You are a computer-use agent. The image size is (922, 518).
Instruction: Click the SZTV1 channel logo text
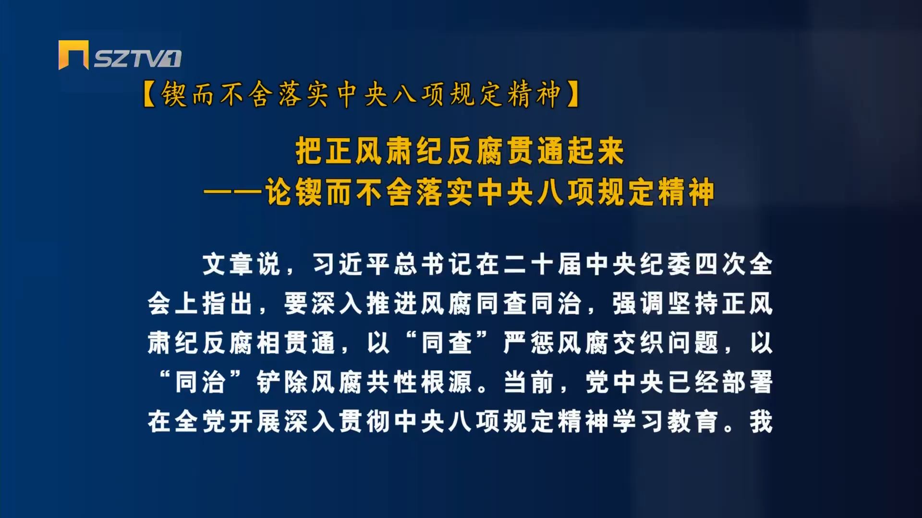pos(137,59)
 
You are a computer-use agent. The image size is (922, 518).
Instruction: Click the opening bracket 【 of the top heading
pos(150,94)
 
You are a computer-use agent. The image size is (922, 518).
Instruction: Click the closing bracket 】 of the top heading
pos(572,94)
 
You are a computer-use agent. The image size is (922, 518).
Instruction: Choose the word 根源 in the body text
pos(447,382)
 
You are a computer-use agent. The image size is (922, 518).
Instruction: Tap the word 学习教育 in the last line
pos(666,422)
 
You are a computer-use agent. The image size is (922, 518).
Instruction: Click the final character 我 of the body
pos(761,422)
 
